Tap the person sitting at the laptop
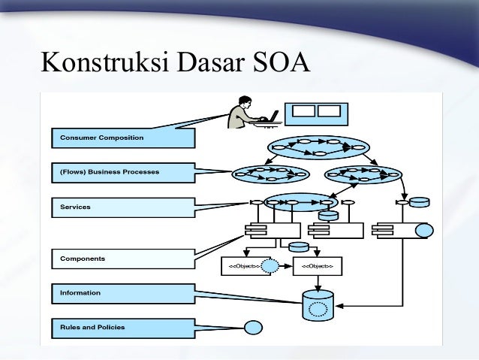pyautogui.click(x=244, y=113)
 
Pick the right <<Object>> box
pyautogui.click(x=317, y=266)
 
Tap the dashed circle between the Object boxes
pyautogui.click(x=270, y=265)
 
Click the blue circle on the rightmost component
pyautogui.click(x=423, y=230)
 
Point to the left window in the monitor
pyautogui.click(x=303, y=111)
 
